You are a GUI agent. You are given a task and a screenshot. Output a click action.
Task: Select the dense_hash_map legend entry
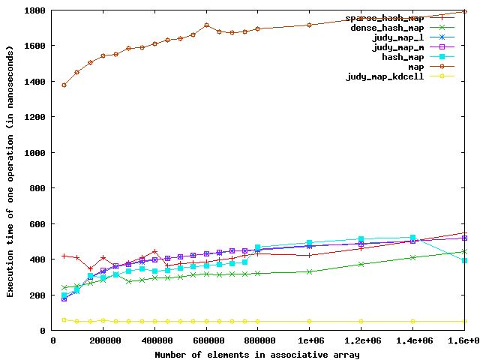tap(385, 28)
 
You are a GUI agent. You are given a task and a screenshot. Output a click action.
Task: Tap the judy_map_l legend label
tap(398, 37)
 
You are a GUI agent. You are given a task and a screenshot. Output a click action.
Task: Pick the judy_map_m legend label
tap(398, 47)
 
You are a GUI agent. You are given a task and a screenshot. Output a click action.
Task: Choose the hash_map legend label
tap(403, 57)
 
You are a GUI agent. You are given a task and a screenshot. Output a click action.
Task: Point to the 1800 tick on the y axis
tap(34, 10)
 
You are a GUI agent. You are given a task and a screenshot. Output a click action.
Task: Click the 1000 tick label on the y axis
tap(34, 153)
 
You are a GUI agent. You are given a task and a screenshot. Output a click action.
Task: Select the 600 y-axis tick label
tap(37, 224)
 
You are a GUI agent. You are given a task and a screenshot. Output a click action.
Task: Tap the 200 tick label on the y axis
tap(37, 295)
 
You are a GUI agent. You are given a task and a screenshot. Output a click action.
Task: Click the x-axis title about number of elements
tap(258, 354)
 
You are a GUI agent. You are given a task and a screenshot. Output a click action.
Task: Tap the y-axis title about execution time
tap(10, 170)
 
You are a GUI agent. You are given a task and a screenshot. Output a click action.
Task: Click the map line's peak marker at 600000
tap(206, 25)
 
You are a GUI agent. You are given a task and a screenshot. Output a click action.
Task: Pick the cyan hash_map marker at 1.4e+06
tap(412, 238)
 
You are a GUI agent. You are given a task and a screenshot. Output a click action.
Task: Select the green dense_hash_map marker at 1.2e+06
tap(361, 264)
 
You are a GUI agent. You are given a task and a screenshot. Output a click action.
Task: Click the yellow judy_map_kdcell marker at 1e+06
tap(309, 321)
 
